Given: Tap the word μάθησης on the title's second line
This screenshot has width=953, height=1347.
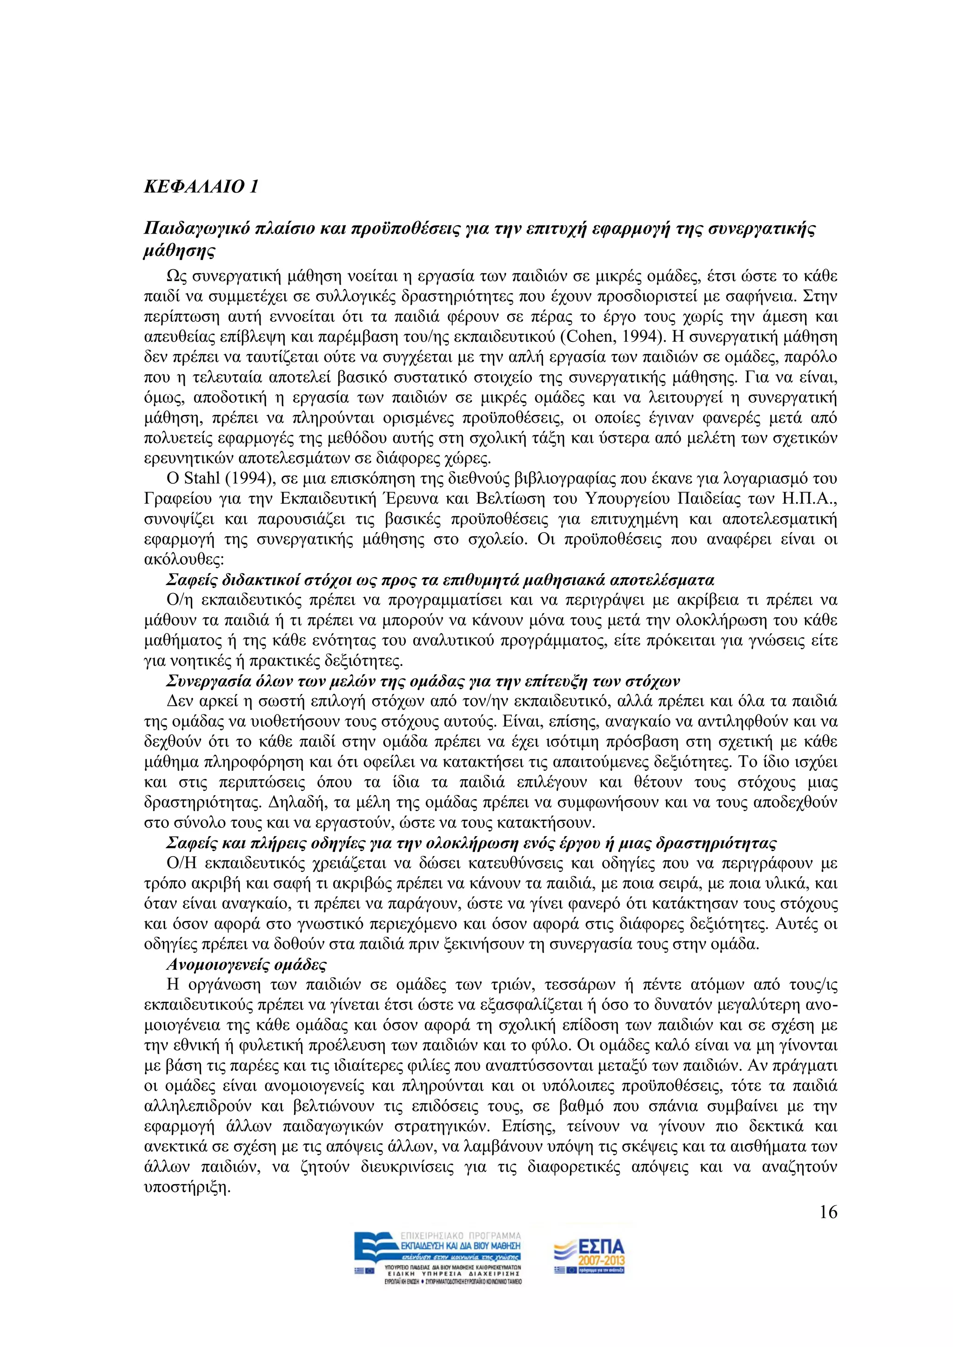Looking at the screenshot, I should pos(179,251).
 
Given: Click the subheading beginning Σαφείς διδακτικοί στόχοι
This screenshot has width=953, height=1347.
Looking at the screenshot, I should pos(440,580).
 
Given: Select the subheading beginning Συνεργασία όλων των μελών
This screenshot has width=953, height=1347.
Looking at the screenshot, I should pos(423,682).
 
